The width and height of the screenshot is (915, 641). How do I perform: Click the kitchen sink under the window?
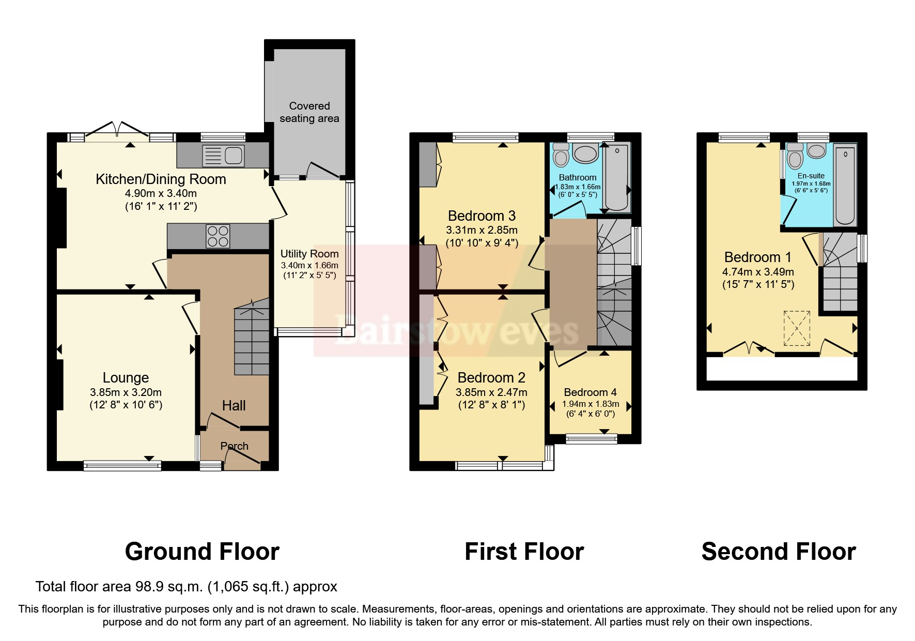(x=223, y=156)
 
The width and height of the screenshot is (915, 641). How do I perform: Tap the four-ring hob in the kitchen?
(x=218, y=237)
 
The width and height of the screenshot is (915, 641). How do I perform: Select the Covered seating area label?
(x=309, y=112)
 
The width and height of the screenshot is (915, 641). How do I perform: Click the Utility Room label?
(x=309, y=254)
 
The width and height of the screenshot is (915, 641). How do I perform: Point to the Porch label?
(x=234, y=446)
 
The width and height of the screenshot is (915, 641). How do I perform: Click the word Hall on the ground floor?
(x=234, y=406)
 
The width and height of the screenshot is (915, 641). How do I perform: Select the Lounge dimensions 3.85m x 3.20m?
(x=126, y=392)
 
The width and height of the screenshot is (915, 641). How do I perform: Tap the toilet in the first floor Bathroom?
(x=561, y=154)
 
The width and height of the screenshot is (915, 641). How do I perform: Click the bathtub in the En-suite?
(x=845, y=186)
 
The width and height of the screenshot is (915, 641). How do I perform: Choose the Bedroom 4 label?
(x=590, y=392)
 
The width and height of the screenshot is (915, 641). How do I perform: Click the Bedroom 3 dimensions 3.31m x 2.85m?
(x=482, y=230)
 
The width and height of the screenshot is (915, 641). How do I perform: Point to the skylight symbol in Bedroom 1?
(x=796, y=327)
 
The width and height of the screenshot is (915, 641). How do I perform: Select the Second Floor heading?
(x=778, y=552)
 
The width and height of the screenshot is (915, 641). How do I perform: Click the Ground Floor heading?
(x=202, y=552)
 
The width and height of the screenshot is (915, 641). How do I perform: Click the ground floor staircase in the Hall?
(x=252, y=341)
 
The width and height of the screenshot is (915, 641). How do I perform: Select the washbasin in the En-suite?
(x=817, y=151)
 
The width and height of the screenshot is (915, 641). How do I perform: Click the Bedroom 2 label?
(x=491, y=378)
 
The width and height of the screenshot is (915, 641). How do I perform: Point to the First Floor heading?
(x=524, y=552)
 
